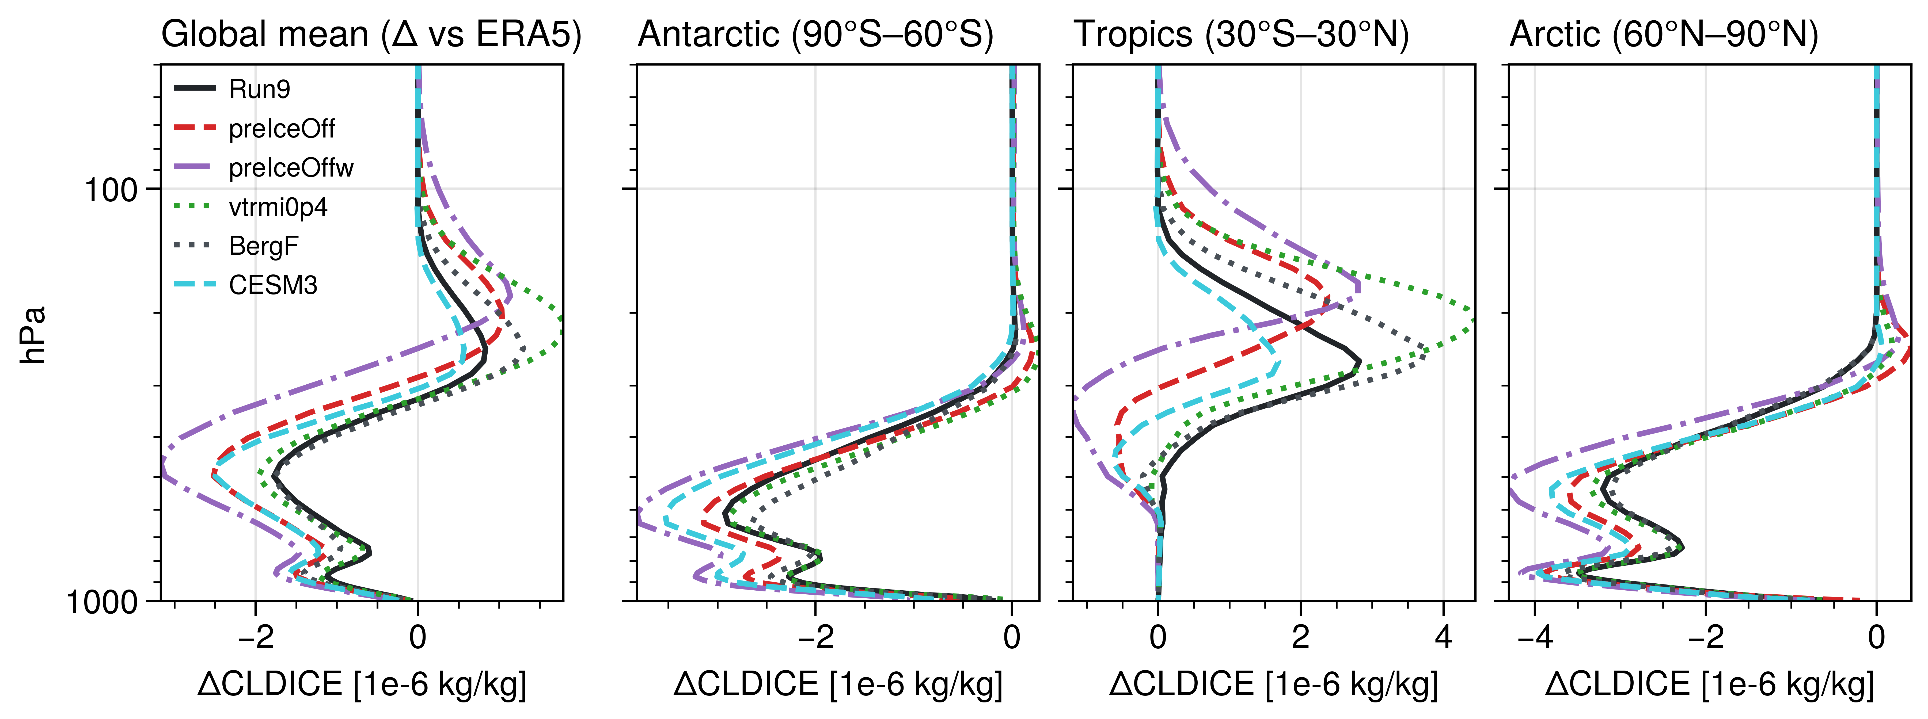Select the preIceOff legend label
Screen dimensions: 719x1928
coord(282,129)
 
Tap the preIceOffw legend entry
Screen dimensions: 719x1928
coord(290,168)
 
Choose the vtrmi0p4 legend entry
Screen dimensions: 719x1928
coord(278,207)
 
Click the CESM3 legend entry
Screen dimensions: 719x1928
coord(272,285)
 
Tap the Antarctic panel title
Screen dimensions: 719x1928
coord(815,35)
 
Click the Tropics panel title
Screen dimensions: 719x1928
coord(1241,35)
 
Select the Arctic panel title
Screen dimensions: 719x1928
coord(1663,35)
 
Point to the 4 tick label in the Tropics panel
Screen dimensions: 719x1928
coord(1443,637)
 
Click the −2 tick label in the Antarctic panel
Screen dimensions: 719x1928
coord(815,637)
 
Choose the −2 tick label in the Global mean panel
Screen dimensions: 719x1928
coord(255,637)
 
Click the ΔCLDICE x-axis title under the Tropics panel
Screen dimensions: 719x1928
coord(1273,684)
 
